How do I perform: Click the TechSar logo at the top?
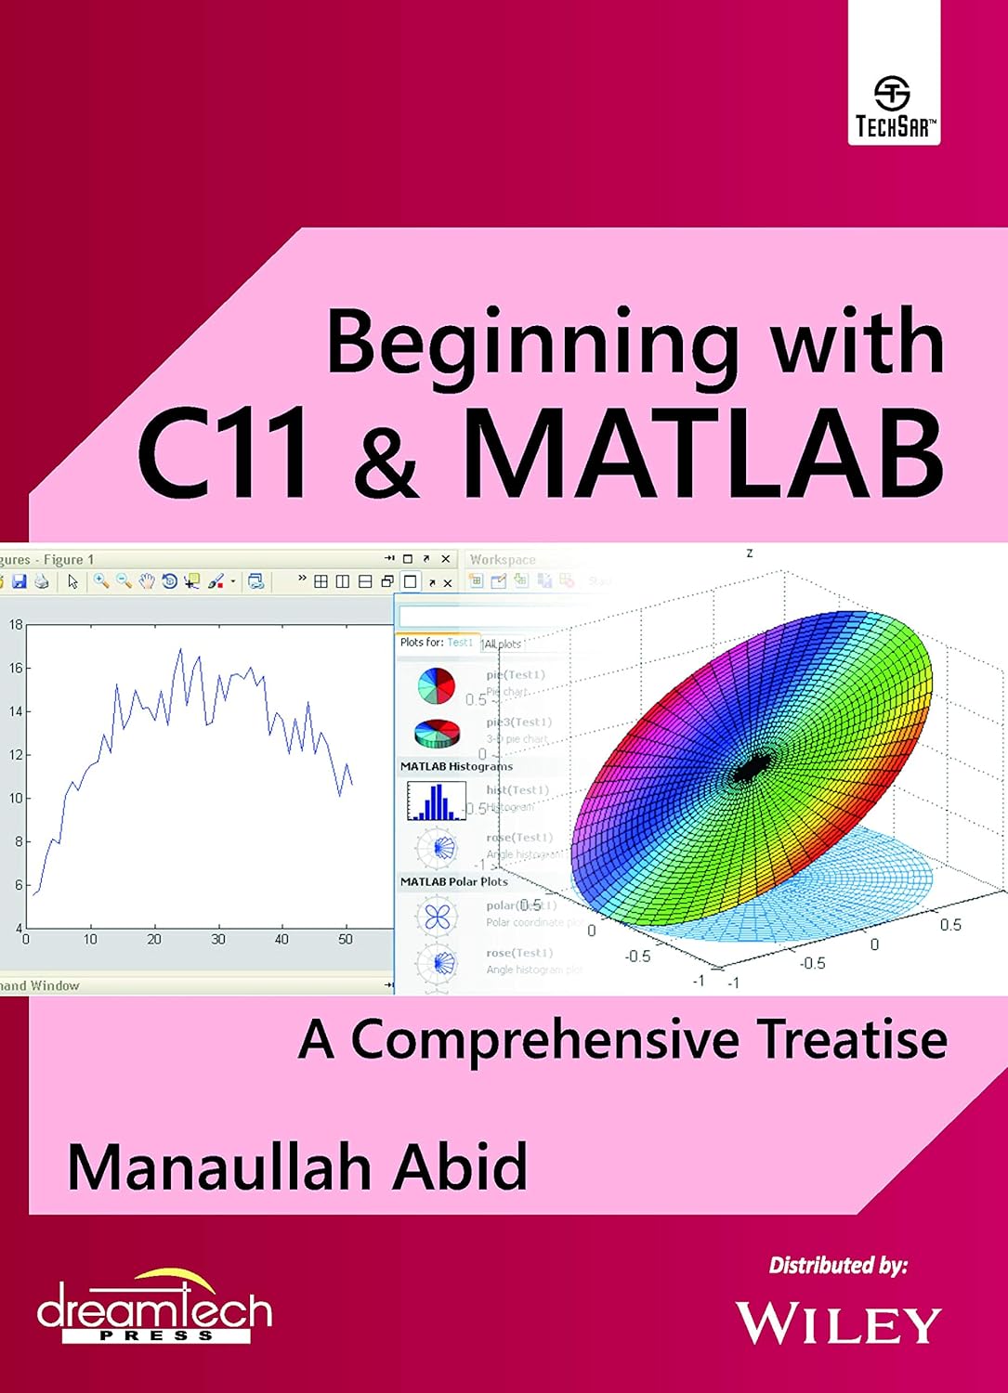tap(894, 107)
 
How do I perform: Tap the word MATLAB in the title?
tap(702, 457)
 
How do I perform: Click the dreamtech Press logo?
tap(154, 1309)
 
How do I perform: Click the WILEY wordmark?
tap(838, 1323)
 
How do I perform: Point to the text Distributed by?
tap(837, 1265)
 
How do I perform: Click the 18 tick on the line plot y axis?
tap(16, 625)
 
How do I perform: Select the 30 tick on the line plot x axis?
tap(217, 939)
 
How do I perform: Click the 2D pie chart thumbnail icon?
tap(436, 685)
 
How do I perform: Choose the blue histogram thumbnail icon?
tap(436, 801)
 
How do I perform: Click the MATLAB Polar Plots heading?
tap(453, 881)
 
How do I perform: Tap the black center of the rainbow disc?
tap(749, 769)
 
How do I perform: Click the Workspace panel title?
tap(503, 559)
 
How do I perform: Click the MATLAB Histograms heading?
tap(456, 766)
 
